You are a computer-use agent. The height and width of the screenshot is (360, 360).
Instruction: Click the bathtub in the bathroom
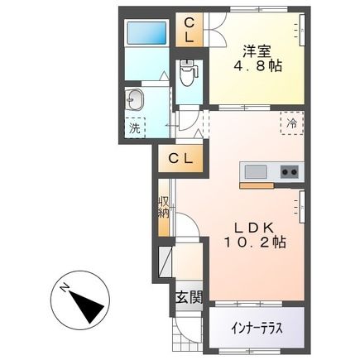coord(147,32)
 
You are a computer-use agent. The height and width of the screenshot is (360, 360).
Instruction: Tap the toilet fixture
coord(188,72)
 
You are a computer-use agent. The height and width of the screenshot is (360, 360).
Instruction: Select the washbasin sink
coord(135,99)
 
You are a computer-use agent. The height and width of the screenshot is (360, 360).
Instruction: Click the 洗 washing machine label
coord(135,128)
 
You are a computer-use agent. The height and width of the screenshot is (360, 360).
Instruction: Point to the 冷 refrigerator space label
coord(292,123)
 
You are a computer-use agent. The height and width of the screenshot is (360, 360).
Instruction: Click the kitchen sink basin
coord(257,172)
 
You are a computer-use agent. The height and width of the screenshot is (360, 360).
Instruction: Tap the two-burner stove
coord(290,172)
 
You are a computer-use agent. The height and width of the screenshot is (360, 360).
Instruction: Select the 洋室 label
coord(257,51)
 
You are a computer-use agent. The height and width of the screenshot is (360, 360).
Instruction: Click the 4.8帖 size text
coord(258,66)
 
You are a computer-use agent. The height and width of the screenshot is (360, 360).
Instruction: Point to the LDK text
coord(254,228)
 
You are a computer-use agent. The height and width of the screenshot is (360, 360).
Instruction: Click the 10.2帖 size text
coord(255,242)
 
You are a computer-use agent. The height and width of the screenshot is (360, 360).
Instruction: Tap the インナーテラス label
coord(257,329)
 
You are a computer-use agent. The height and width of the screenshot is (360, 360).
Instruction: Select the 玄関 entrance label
coord(190,297)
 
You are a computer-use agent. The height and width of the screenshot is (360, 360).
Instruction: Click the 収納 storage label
coord(164,208)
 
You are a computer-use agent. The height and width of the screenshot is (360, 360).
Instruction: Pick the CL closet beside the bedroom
coord(190,30)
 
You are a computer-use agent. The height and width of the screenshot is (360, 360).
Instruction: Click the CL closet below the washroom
coord(181,159)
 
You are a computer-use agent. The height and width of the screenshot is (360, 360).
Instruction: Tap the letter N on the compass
coord(65,288)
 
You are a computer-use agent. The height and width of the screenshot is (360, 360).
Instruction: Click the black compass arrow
coord(87,306)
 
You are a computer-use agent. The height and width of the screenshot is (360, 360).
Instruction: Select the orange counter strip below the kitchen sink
coord(257,185)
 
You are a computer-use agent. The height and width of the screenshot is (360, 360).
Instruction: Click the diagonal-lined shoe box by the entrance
coord(165,261)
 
